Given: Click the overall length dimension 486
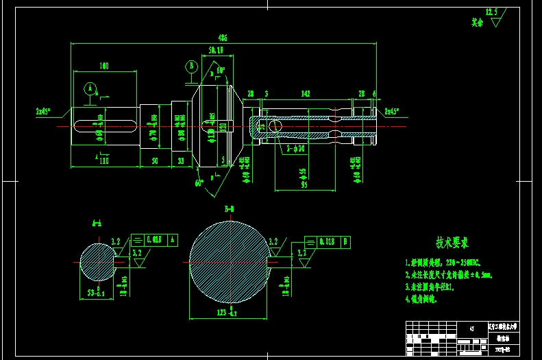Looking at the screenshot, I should (x=223, y=38).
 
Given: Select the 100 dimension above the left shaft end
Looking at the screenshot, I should (x=104, y=66).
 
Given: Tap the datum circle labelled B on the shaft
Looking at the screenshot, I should (x=191, y=67).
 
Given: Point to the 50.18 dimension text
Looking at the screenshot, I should (x=216, y=51).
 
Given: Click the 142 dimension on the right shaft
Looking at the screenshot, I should (x=306, y=93).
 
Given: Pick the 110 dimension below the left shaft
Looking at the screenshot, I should (x=104, y=160).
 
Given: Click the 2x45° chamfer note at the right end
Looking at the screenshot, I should (x=391, y=110).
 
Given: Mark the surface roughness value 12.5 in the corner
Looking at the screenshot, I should (x=491, y=12).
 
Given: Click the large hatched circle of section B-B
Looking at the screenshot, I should (x=230, y=262).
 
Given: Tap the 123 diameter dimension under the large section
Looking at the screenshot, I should (x=228, y=313).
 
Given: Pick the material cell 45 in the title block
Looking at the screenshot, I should (x=472, y=328).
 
